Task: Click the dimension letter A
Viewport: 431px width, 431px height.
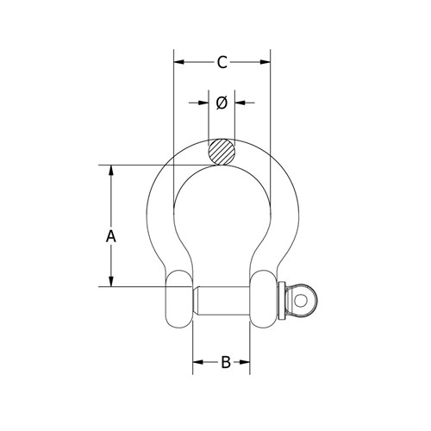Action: point(110,234)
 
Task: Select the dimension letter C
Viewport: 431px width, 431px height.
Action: point(222,62)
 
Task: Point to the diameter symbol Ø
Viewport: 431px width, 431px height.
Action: point(222,103)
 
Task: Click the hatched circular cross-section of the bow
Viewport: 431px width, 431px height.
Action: point(222,152)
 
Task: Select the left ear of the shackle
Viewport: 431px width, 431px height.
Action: point(179,299)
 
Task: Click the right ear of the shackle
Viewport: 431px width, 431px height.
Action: point(265,299)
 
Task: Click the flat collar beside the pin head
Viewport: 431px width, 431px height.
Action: point(281,299)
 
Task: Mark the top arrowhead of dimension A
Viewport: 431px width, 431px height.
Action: point(110,170)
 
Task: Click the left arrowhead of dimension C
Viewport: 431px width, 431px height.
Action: point(178,62)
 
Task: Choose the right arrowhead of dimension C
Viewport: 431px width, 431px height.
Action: point(265,62)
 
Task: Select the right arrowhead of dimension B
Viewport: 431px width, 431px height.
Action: point(247,363)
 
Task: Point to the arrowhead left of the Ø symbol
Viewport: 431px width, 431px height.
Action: point(203,103)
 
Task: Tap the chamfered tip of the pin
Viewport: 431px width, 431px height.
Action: point(197,299)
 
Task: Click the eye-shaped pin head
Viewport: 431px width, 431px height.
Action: point(301,298)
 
